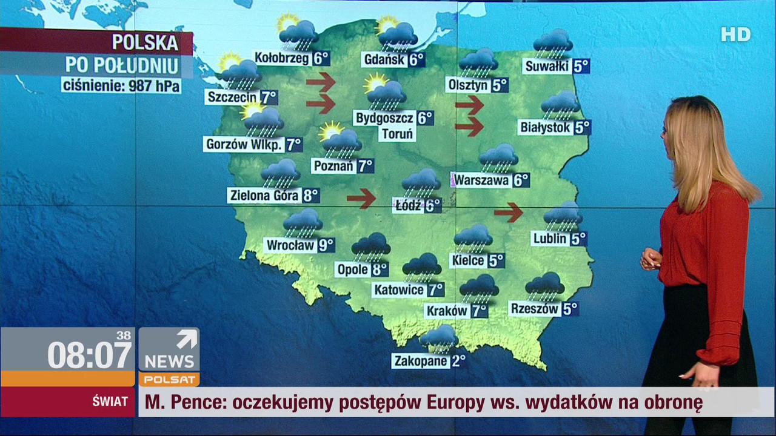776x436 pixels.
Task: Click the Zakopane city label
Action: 421,361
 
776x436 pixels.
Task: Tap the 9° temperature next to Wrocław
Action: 327,245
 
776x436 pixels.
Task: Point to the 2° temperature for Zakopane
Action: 458,361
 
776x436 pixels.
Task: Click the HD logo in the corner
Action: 735,35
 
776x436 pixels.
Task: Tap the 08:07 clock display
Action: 89,355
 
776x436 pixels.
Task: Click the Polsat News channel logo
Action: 169,357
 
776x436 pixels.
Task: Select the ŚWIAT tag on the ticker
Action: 110,401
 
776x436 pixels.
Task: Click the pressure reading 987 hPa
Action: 154,85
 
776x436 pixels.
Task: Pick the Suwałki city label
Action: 547,67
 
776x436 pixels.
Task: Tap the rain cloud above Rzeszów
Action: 545,286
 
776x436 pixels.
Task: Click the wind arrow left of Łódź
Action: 361,198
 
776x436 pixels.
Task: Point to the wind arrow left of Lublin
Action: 508,212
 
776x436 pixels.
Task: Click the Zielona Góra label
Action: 264,196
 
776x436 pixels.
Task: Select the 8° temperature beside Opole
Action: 380,269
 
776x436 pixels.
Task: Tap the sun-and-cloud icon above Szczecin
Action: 239,71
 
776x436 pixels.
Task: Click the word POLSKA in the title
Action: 145,43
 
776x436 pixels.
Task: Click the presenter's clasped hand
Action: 650,259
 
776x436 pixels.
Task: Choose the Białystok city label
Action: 546,128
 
